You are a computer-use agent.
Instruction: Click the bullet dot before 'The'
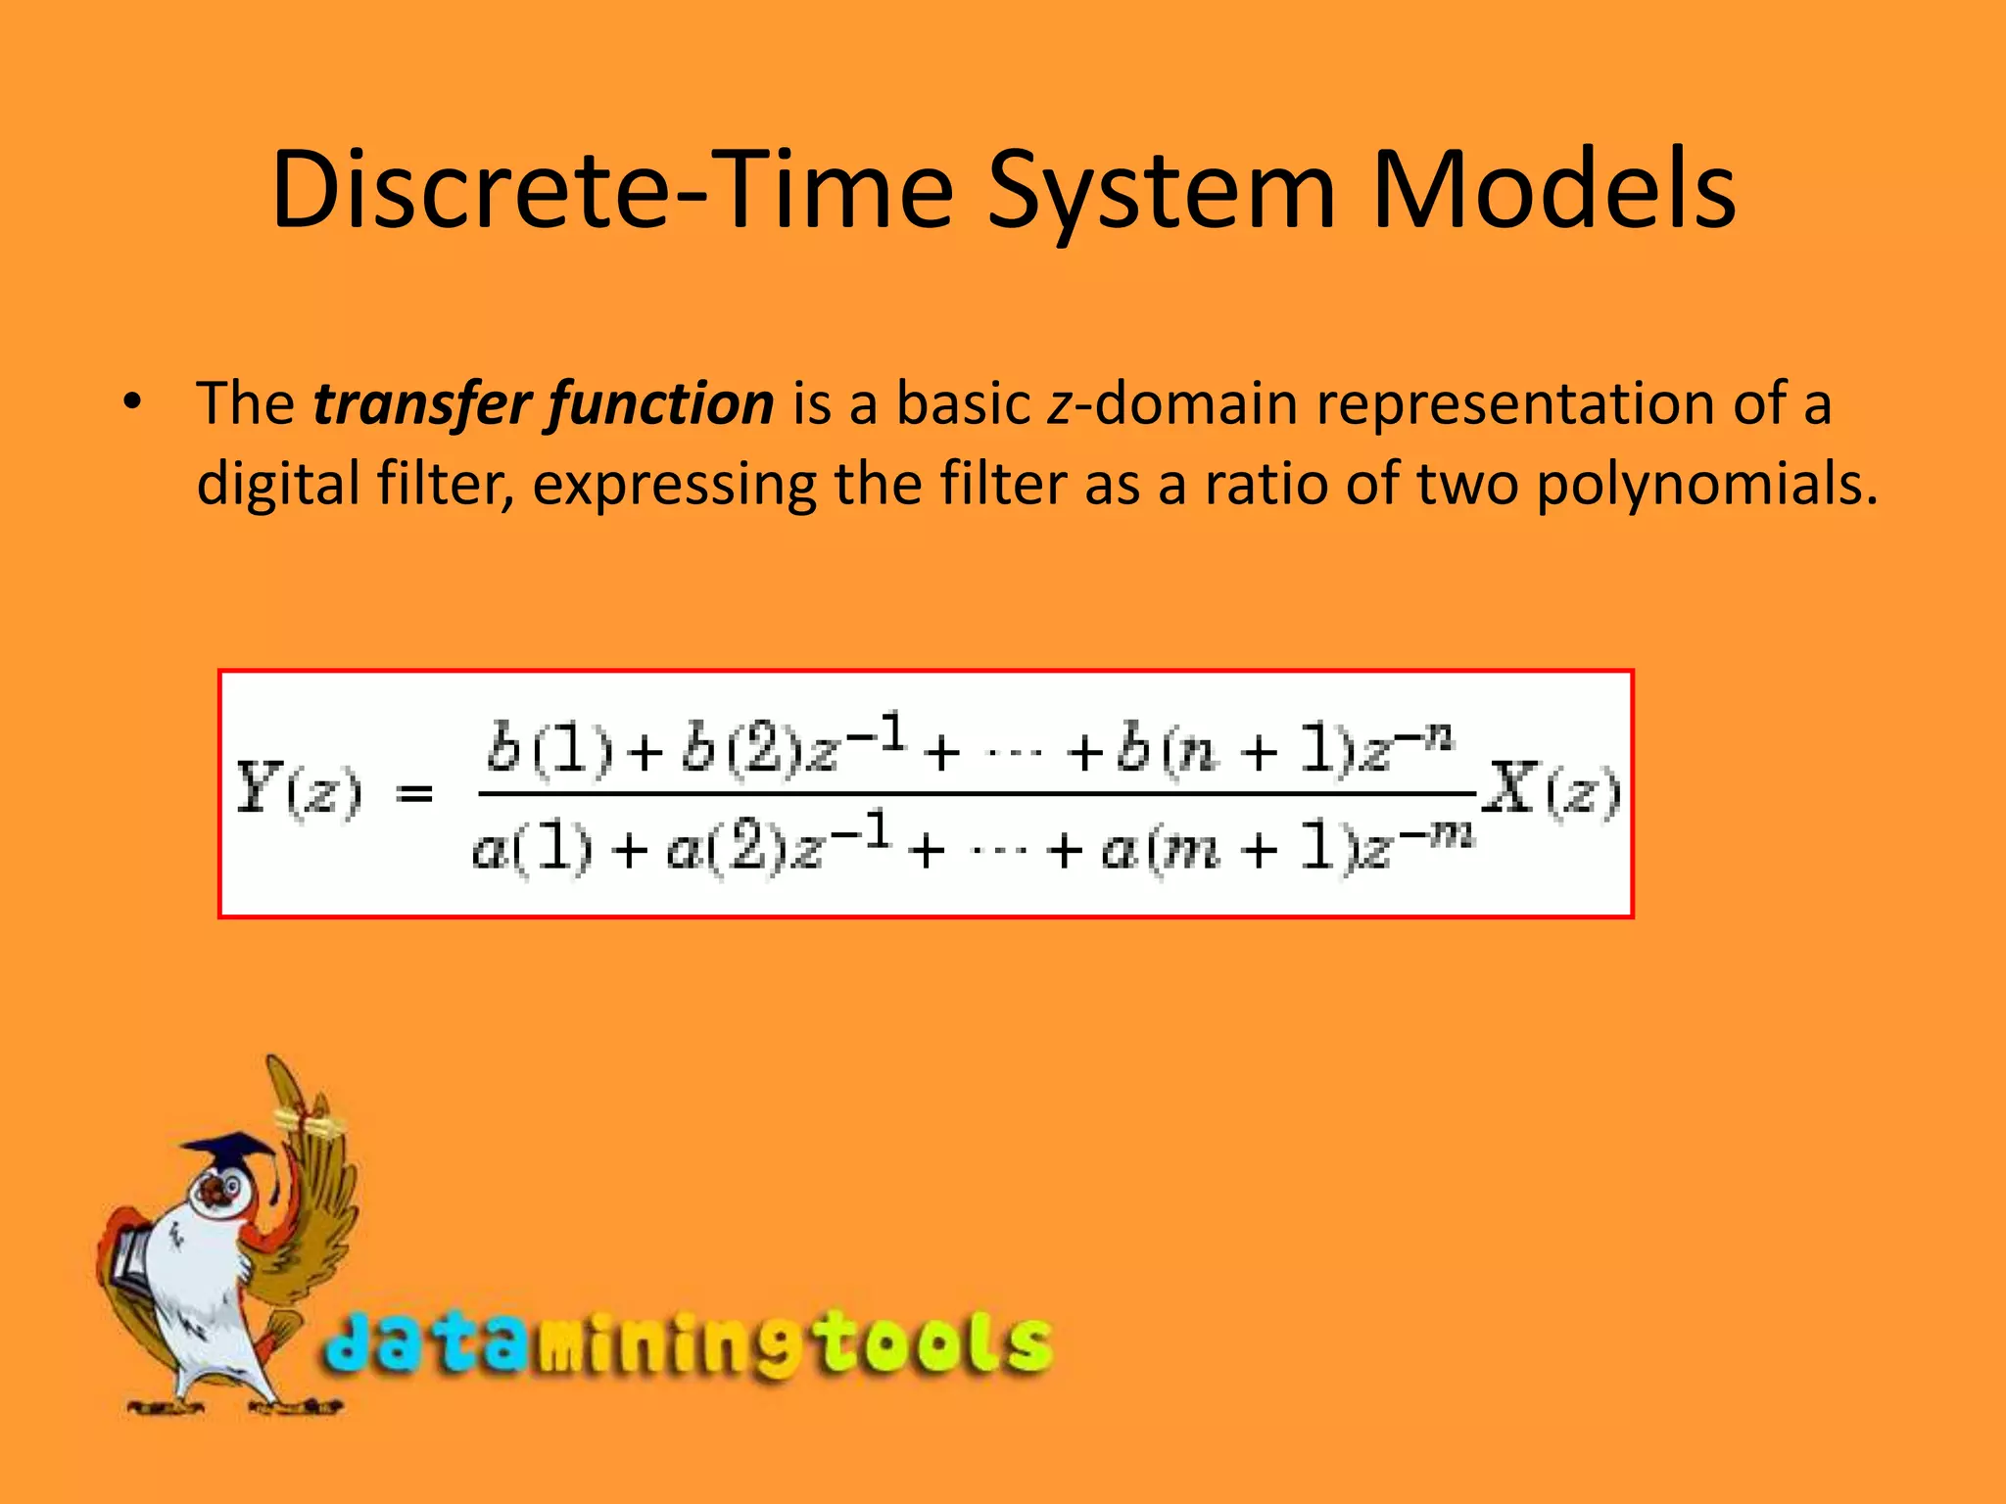[x=133, y=401]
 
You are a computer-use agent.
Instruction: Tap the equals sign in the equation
[x=414, y=792]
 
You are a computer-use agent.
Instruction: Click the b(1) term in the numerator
[x=549, y=750]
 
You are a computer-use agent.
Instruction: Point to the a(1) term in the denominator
[x=532, y=848]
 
